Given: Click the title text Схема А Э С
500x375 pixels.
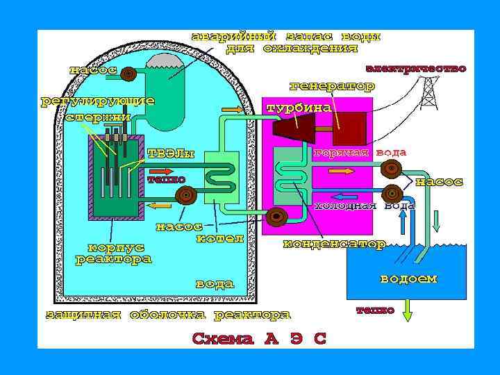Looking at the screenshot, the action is point(259,339).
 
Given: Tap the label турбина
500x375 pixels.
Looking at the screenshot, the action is point(299,108).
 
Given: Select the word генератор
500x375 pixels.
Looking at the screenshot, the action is point(331,86).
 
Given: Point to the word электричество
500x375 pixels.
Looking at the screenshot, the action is point(416,69).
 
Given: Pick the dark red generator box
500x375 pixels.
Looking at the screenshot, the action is point(349,128).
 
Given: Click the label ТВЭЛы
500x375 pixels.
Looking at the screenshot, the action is point(169,153).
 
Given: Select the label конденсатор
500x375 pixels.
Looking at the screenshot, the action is point(334,244).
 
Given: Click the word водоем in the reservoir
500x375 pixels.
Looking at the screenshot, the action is point(408,278).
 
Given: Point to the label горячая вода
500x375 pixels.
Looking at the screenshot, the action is point(360,152).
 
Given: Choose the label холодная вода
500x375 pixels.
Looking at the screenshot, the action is point(365,206).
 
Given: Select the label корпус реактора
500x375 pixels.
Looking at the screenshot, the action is point(113,253).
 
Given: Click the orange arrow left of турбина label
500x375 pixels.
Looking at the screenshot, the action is point(232,110).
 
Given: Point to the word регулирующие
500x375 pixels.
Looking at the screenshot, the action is point(97,101).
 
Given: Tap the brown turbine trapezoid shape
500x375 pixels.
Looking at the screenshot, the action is point(294,129).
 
